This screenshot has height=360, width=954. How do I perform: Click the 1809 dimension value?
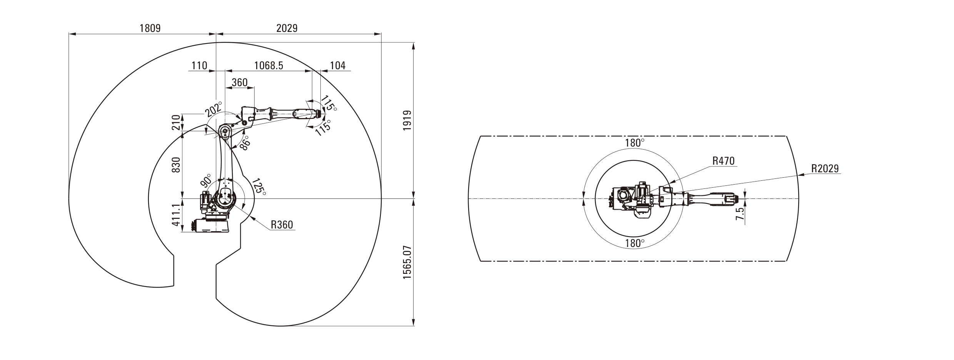click(x=150, y=28)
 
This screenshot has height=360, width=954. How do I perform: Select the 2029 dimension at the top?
click(x=287, y=28)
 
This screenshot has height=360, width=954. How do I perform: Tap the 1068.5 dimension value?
click(x=269, y=65)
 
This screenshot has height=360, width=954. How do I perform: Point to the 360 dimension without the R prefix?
click(x=239, y=82)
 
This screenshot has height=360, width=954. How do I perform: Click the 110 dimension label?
click(x=199, y=65)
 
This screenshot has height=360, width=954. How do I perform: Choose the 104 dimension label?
click(x=338, y=65)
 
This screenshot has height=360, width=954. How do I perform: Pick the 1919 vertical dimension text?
click(x=407, y=120)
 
